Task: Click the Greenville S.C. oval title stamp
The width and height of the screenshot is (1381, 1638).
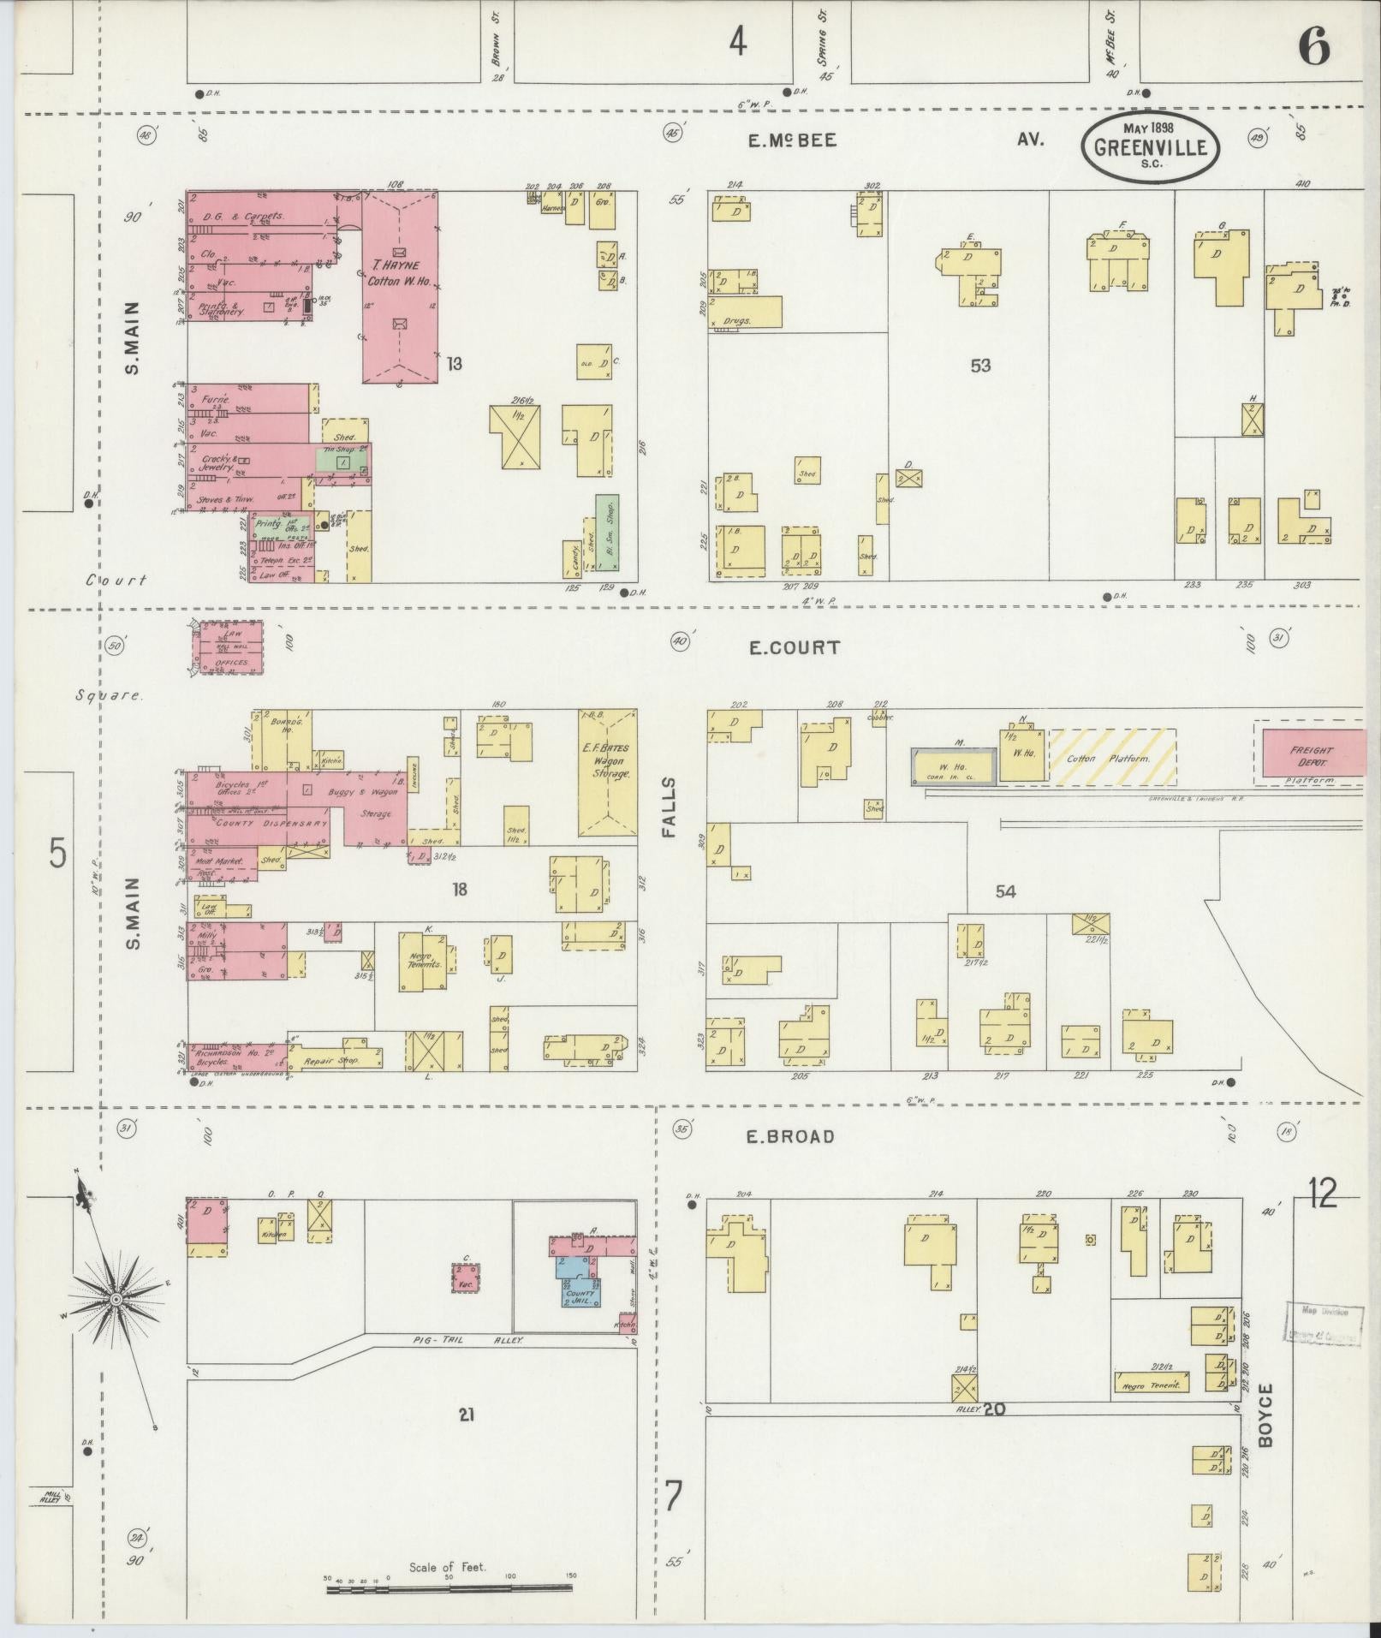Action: pos(1150,148)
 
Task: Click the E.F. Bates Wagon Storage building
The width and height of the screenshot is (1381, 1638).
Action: pos(607,771)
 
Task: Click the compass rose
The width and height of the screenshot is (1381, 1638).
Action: pos(116,1300)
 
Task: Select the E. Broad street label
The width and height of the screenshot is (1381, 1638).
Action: pos(789,1136)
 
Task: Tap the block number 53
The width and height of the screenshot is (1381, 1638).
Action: pos(980,366)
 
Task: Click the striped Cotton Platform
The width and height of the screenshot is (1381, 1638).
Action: pos(1112,756)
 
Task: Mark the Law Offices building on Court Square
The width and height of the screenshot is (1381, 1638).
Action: pos(226,648)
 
